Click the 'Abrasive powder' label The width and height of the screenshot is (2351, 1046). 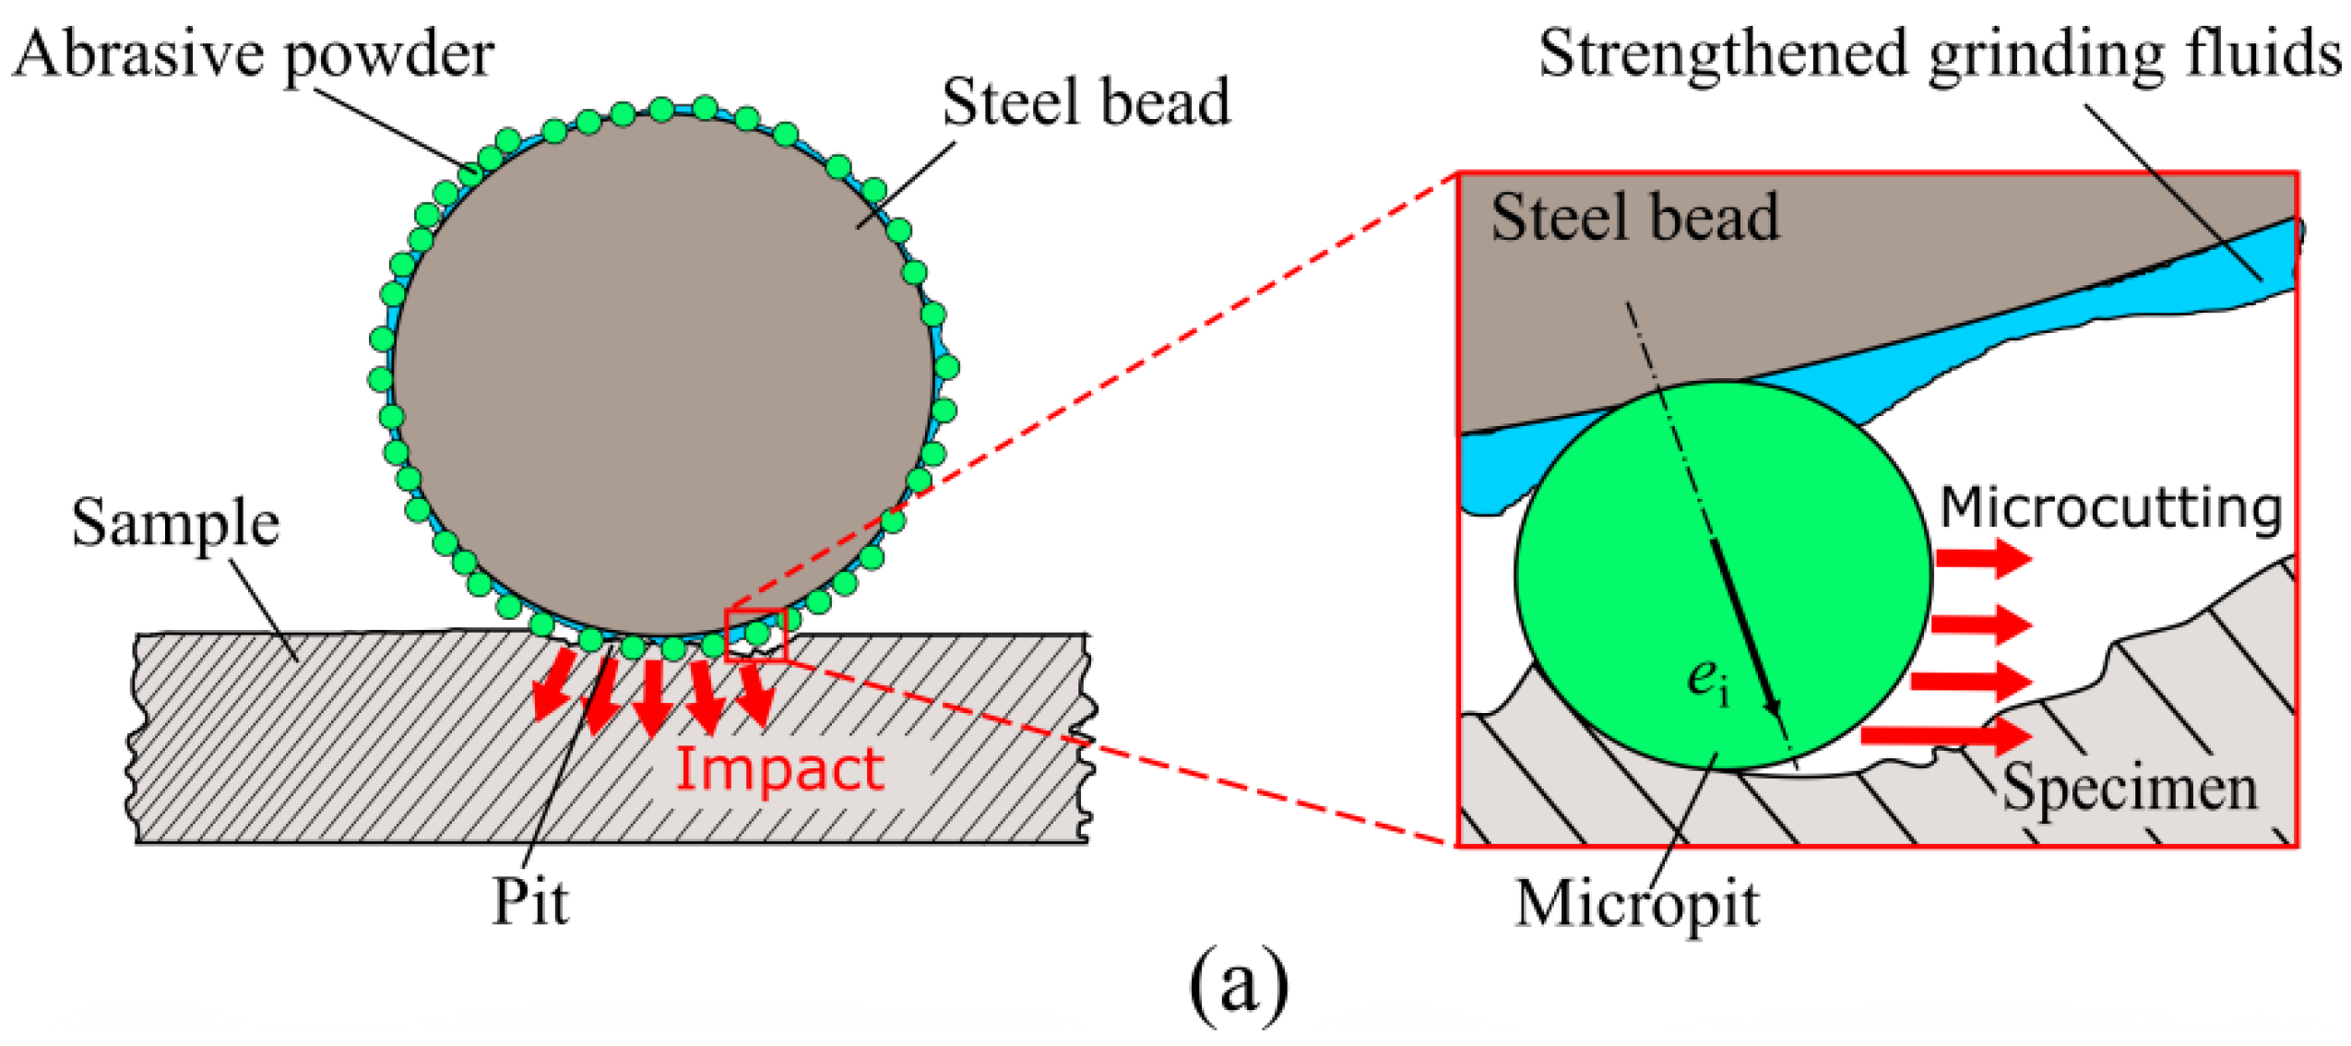coord(254,53)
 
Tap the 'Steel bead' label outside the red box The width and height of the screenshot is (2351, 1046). coord(1085,101)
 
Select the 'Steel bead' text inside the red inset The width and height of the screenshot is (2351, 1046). coord(1633,218)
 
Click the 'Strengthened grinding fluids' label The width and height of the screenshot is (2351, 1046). coord(1939,53)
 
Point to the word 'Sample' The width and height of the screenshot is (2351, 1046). coord(175,523)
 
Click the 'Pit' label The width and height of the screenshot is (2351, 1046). coord(529,901)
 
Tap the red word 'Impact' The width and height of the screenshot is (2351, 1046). coord(779,768)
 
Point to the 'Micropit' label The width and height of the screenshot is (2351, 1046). coord(1636,903)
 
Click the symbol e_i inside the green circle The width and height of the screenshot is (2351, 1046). coord(1707,681)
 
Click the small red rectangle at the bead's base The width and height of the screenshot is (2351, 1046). coord(755,636)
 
